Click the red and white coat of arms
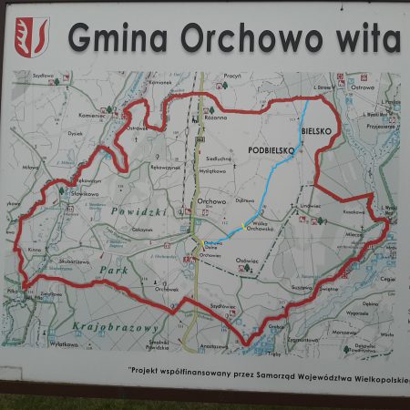(32, 36)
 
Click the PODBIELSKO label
(269, 148)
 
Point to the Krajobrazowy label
(114, 325)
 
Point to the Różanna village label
(216, 118)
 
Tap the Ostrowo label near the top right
(363, 88)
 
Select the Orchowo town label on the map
(210, 201)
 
